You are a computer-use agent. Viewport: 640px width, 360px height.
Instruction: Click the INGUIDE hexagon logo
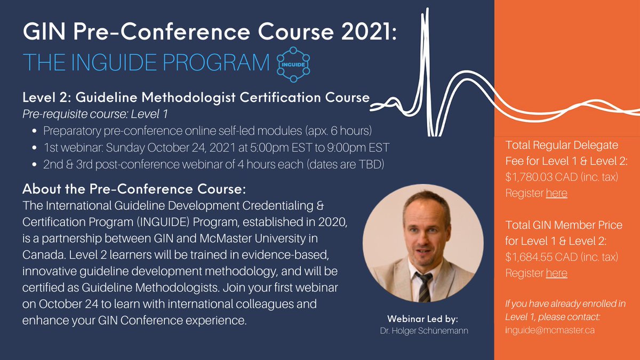coord(293,65)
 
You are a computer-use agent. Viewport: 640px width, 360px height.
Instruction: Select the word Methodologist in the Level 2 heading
coord(189,98)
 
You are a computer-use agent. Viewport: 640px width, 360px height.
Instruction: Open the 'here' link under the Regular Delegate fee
coord(557,193)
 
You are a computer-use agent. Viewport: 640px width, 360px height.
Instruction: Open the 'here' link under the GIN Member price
coord(557,273)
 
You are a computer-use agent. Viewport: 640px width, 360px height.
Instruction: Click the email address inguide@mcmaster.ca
coord(550,330)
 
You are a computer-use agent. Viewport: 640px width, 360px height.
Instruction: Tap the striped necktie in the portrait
coord(425,286)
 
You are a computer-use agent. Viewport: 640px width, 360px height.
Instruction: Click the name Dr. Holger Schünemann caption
coord(424,331)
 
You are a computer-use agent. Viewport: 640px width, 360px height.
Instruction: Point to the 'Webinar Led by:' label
coord(422,318)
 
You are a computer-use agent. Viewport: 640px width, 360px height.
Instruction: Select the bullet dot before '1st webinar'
coord(35,148)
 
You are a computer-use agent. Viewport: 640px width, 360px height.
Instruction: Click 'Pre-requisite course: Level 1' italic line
coord(95,114)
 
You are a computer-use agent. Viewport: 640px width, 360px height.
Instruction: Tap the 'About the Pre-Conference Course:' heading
coord(134,189)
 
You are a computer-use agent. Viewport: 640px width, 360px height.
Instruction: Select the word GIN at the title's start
coord(45,31)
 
